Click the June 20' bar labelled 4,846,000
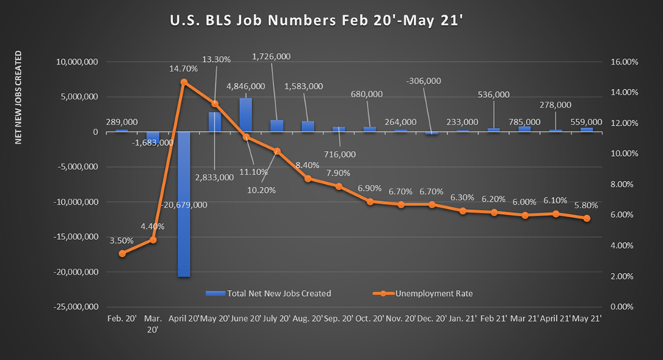click(245, 115)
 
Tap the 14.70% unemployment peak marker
click(184, 82)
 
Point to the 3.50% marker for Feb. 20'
click(122, 253)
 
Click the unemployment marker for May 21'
click(586, 219)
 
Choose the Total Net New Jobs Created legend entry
click(269, 293)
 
